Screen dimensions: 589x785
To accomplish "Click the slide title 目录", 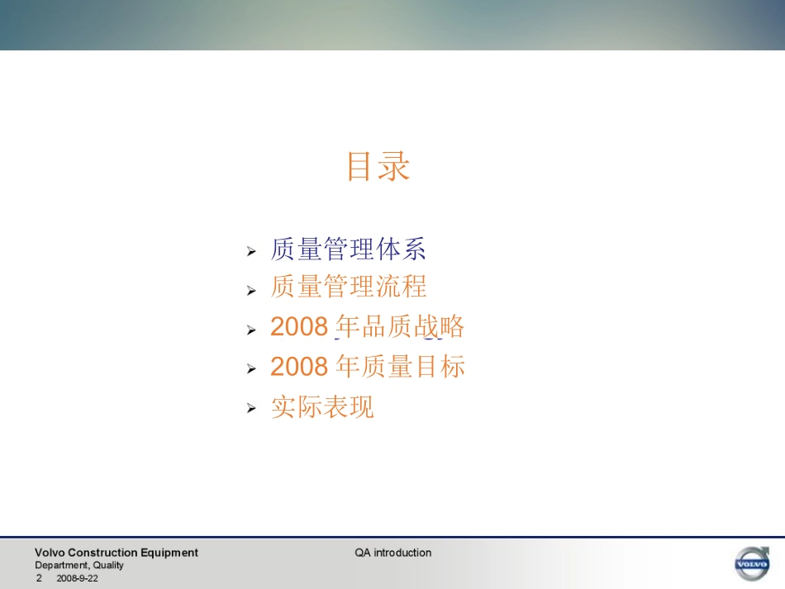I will (378, 166).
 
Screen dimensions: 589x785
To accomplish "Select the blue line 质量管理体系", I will (348, 249).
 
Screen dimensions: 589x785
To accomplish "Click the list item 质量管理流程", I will (348, 287).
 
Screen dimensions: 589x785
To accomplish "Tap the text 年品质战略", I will (400, 326).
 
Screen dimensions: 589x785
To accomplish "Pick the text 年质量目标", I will (400, 365).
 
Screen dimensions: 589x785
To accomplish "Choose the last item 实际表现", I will (322, 406).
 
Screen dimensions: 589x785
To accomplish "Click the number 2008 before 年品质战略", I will (299, 327).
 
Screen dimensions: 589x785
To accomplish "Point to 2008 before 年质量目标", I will (299, 366).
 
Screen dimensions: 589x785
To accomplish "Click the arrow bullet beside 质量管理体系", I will (252, 250).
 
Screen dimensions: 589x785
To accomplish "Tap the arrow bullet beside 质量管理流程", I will (252, 290).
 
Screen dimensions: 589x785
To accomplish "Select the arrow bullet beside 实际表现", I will (252, 409).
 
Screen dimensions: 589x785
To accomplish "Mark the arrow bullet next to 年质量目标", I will (252, 369).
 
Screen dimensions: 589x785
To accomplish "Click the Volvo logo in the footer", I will (751, 563).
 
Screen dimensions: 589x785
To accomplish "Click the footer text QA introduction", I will (393, 553).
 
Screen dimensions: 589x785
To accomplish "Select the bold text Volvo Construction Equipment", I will (116, 553).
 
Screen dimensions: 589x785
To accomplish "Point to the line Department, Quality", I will (78, 565).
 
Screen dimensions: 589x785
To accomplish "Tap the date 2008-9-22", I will (77, 578).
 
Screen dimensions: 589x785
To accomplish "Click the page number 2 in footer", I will (39, 578).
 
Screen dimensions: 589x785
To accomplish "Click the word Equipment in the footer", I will (169, 553).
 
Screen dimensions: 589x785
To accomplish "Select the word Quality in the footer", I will (108, 565).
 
